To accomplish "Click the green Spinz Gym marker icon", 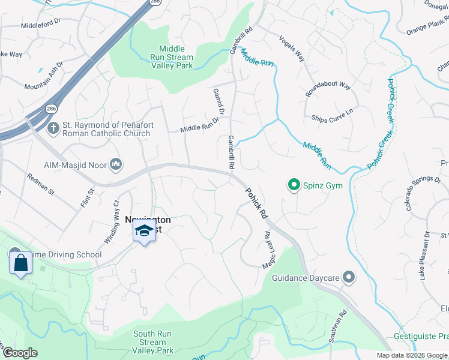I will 294,185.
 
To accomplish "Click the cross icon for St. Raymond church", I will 53,128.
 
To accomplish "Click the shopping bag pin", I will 20,262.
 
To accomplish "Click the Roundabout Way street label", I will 328,85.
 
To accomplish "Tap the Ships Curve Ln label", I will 332,114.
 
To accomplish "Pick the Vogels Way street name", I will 292,47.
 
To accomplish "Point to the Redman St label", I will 41,184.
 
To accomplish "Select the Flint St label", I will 88,199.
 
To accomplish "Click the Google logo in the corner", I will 20,352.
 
